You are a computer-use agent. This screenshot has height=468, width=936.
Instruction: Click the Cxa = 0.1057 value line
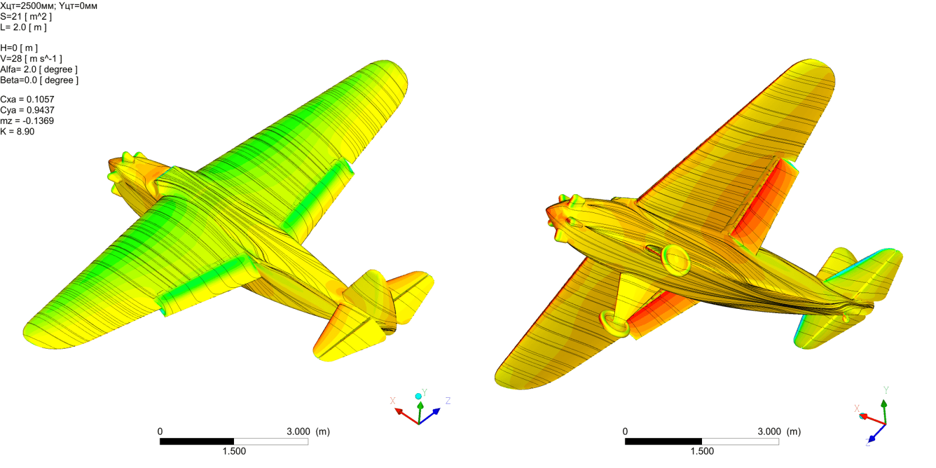tap(27, 99)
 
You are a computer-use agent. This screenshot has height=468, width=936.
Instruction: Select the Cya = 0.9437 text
tap(27, 110)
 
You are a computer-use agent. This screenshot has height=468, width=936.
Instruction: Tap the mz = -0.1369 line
tap(27, 121)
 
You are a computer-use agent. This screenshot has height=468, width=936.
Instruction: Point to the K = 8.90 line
tap(18, 132)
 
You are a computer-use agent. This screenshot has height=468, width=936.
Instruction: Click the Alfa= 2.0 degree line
tap(39, 70)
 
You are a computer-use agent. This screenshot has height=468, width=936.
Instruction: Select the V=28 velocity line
tap(31, 58)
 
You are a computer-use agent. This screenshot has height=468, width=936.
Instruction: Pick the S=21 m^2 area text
tap(26, 16)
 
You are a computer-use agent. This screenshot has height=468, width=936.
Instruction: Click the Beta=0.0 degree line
tap(39, 80)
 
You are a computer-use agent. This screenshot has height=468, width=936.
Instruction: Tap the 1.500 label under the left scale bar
tap(234, 451)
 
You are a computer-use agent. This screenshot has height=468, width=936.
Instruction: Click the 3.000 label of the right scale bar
tap(769, 432)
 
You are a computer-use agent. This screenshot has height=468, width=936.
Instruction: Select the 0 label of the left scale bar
tap(160, 432)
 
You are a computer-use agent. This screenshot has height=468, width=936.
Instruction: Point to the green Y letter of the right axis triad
tap(886, 390)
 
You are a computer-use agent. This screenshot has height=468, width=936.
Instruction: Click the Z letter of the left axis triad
tap(448, 401)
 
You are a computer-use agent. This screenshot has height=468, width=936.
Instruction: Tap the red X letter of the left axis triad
tap(393, 401)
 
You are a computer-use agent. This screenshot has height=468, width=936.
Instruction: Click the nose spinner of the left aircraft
tap(113, 176)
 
